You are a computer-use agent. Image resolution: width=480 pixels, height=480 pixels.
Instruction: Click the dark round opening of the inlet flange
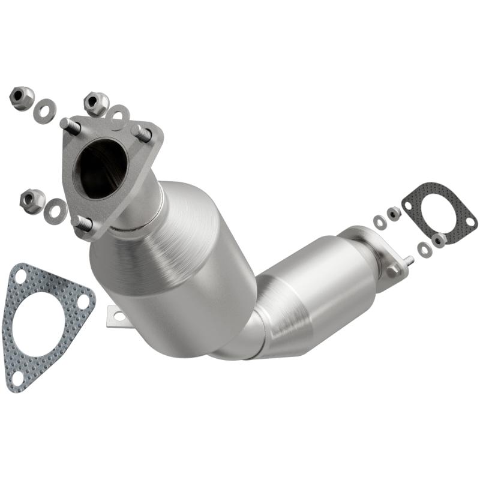tap(100, 169)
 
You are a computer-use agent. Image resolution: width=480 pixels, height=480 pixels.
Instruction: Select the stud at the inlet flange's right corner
tap(142, 133)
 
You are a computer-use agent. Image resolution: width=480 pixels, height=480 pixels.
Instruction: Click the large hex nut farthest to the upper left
tap(22, 98)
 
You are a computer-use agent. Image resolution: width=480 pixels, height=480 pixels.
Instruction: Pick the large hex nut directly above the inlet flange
tap(96, 103)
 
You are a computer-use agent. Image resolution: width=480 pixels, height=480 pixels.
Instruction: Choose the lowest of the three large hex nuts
tap(32, 200)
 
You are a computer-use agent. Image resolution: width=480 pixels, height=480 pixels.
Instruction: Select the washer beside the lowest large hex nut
tap(55, 210)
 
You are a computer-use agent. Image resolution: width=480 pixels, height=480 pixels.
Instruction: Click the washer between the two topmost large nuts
tap(44, 111)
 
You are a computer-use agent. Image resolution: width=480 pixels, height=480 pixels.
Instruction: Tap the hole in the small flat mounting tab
tap(118, 316)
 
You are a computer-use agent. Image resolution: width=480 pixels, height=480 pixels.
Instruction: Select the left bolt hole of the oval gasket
tap(409, 206)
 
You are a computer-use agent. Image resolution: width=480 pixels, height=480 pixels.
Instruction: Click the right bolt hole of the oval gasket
tap(470, 222)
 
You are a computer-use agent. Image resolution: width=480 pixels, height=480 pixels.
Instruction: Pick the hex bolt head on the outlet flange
tap(393, 271)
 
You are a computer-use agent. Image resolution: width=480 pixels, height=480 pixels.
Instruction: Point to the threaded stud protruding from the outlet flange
tap(409, 261)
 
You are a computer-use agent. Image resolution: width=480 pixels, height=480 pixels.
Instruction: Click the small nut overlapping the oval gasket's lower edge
tap(438, 241)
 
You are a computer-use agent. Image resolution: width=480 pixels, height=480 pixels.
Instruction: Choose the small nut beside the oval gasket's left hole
tap(394, 213)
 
